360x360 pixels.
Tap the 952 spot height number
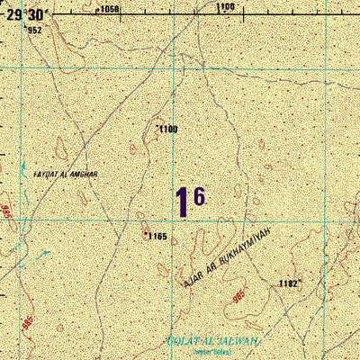(x=34, y=30)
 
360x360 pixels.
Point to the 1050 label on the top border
(x=108, y=8)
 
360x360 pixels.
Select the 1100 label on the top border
(x=226, y=7)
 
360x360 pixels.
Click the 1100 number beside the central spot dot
(x=169, y=130)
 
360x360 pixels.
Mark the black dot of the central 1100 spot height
(x=158, y=126)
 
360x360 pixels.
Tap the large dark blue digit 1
(x=183, y=202)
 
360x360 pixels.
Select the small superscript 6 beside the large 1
(x=199, y=195)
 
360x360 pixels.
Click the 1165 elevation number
(x=157, y=236)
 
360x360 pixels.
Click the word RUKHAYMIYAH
(x=246, y=247)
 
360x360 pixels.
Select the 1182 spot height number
(x=288, y=283)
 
